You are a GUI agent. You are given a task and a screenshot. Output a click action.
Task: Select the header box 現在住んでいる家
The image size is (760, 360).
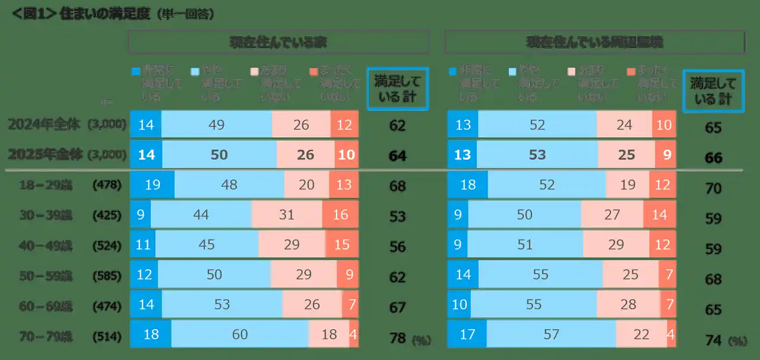pyautogui.click(x=278, y=42)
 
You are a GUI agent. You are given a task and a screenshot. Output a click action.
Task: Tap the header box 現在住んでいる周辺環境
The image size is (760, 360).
pyautogui.click(x=594, y=42)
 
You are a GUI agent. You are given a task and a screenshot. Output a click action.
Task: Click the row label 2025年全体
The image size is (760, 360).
pyautogui.click(x=45, y=154)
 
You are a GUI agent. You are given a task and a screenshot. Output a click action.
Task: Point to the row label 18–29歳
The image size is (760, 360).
pyautogui.click(x=46, y=185)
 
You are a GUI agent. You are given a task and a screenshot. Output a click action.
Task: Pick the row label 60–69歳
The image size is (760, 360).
pyautogui.click(x=46, y=307)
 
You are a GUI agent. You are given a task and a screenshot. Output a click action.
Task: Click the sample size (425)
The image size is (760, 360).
pyautogui.click(x=107, y=216)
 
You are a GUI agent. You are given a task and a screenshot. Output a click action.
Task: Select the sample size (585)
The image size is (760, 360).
pyautogui.click(x=107, y=276)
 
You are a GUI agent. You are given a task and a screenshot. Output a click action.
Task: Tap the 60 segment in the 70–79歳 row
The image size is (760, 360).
pyautogui.click(x=240, y=334)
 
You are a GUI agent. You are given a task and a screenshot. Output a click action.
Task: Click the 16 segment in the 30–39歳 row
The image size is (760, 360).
pyautogui.click(x=340, y=214)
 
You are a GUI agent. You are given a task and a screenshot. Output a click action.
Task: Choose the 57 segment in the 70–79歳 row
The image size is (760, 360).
pyautogui.click(x=552, y=334)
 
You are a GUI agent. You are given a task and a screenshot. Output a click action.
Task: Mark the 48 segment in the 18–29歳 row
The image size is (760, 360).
pyautogui.click(x=229, y=184)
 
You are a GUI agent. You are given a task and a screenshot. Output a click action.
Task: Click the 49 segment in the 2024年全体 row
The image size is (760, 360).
pyautogui.click(x=216, y=125)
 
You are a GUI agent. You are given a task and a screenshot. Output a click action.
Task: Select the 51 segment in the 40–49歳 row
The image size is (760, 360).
pyautogui.click(x=525, y=244)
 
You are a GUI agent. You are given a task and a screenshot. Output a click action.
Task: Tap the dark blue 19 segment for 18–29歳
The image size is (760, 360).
pyautogui.click(x=152, y=184)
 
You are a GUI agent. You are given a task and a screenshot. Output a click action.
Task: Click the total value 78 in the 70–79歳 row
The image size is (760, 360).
pyautogui.click(x=397, y=337)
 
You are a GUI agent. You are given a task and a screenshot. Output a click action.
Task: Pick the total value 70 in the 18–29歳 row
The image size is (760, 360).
pyautogui.click(x=713, y=188)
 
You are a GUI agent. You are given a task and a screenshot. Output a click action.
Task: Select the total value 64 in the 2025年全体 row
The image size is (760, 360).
pyautogui.click(x=397, y=156)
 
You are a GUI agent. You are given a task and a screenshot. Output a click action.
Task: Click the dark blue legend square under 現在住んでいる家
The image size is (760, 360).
pyautogui.click(x=135, y=71)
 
